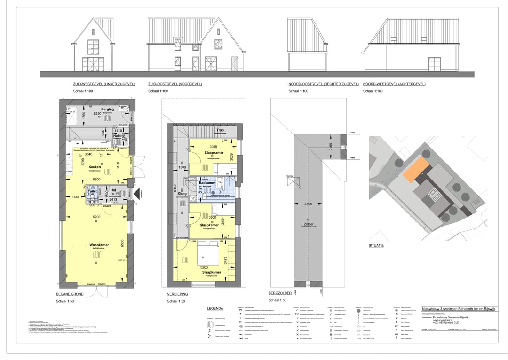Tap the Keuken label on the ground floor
click(x=95, y=167)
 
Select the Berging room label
click(x=107, y=109)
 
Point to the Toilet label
click(x=92, y=192)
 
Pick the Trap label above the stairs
click(x=219, y=130)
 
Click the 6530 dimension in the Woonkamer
click(x=122, y=243)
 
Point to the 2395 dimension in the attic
click(x=308, y=204)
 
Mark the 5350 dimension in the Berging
click(x=98, y=114)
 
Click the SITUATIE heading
click(x=377, y=245)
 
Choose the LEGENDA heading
click(x=215, y=308)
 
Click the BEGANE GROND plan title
click(x=70, y=294)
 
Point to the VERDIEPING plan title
click(x=178, y=294)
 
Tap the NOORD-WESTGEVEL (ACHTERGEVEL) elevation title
click(x=394, y=84)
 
